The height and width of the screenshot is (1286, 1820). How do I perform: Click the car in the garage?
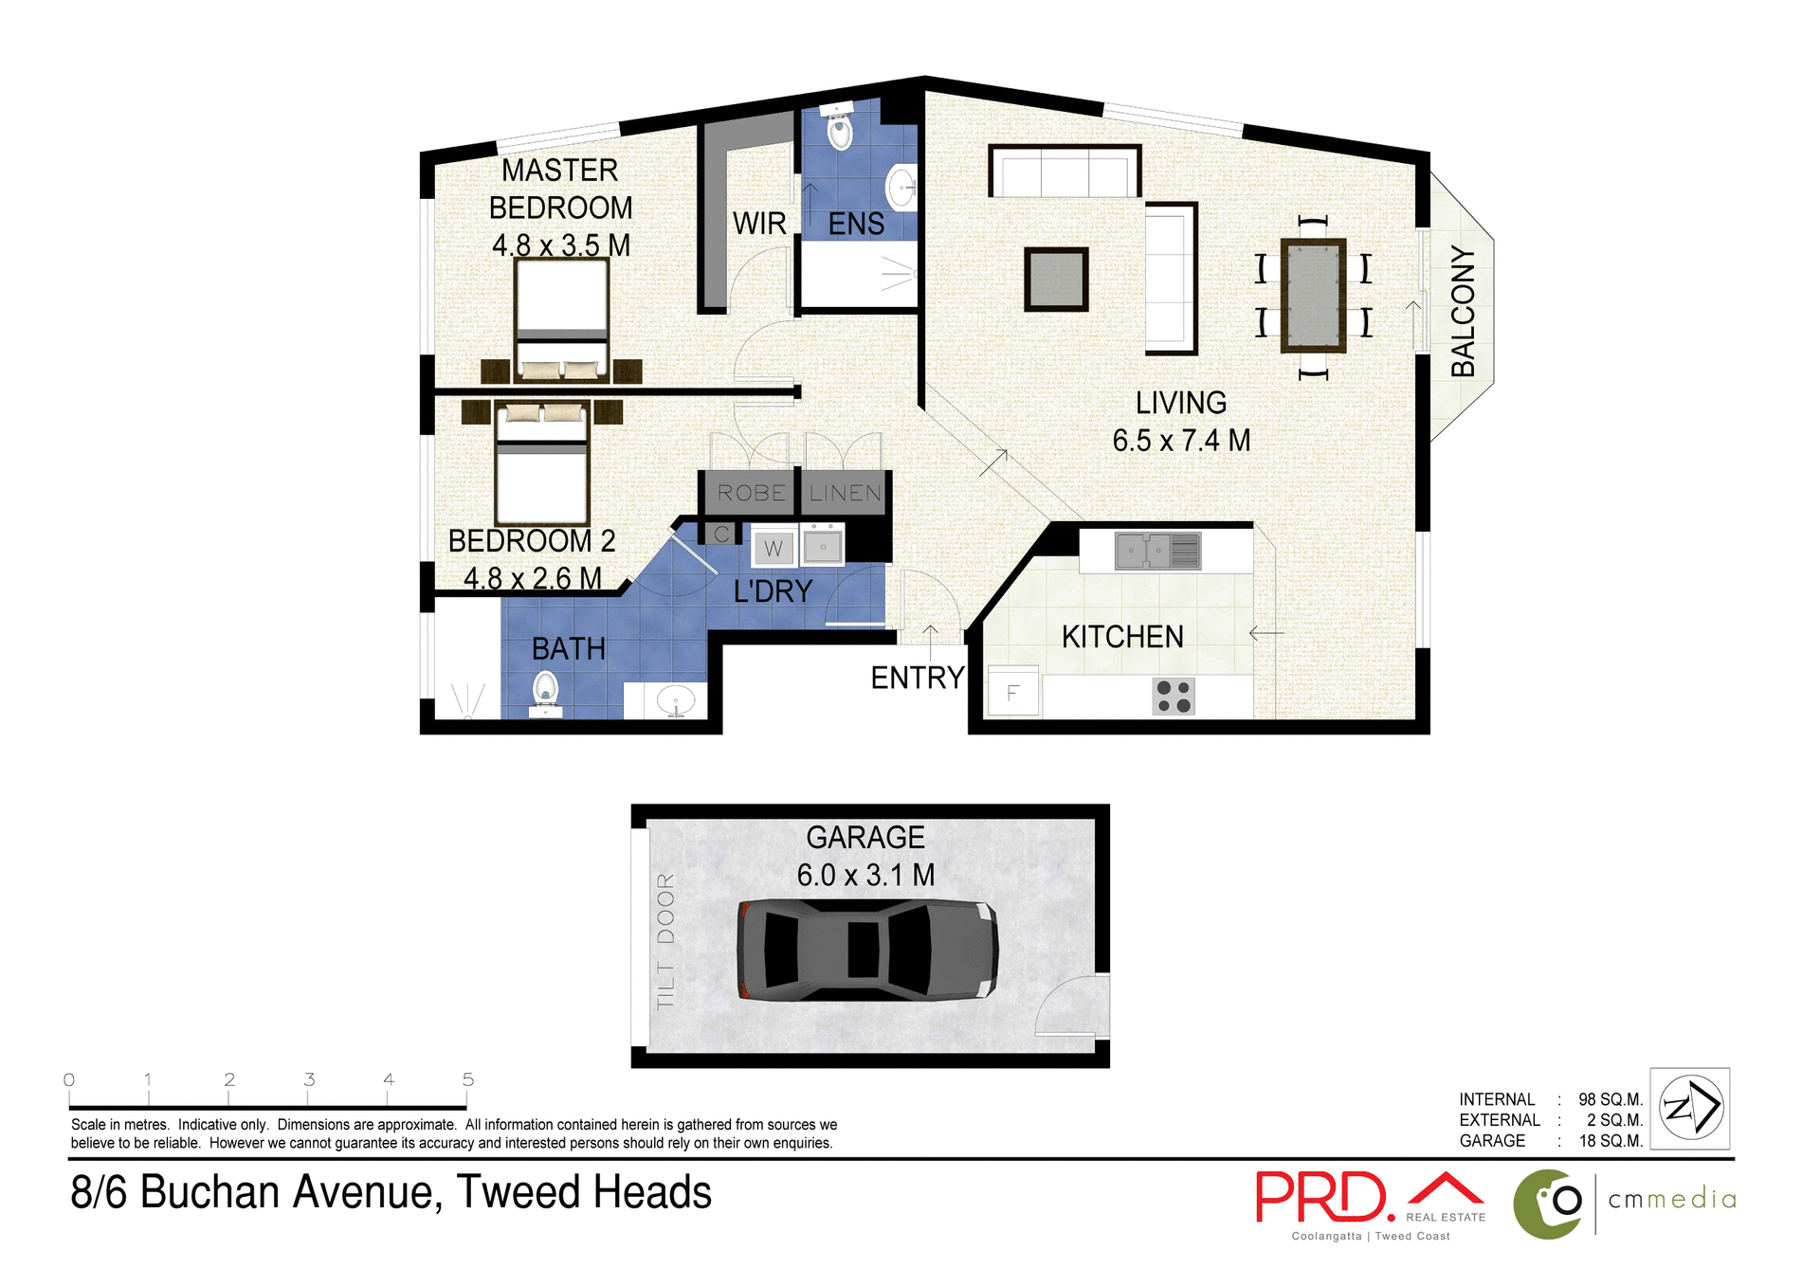[x=867, y=950]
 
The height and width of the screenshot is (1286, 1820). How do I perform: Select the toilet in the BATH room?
[x=545, y=690]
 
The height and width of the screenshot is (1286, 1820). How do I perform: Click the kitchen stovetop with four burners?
[x=1173, y=697]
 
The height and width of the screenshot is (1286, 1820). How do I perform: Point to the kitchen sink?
[x=1157, y=551]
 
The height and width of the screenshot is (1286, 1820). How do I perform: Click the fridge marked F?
[x=1012, y=693]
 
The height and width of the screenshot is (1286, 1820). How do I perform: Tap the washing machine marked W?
[x=773, y=548]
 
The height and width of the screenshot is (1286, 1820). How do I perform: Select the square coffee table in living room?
[x=1056, y=279]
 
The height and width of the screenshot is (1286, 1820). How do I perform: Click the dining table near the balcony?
[x=1313, y=296]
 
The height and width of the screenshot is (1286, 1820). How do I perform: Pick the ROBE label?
[x=751, y=493]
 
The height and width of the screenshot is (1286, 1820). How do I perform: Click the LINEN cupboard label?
[x=845, y=493]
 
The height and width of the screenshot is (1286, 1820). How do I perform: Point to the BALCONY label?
[x=1463, y=312]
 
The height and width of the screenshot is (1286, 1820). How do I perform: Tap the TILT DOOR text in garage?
[x=665, y=940]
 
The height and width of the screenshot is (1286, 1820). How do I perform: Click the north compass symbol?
[x=1690, y=1107]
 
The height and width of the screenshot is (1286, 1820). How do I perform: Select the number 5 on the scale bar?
[x=467, y=1079]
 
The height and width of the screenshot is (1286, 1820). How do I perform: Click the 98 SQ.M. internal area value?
[x=1610, y=1099]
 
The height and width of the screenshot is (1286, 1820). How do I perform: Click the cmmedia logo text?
[x=1672, y=1200]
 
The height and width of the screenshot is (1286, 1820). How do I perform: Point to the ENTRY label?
[x=917, y=678]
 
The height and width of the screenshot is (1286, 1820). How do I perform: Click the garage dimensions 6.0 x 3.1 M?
[x=865, y=875]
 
